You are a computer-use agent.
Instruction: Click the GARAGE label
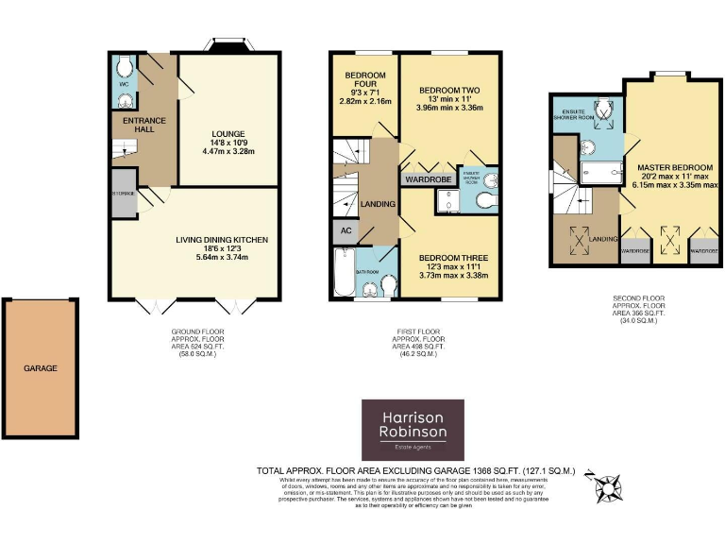[x=41, y=368]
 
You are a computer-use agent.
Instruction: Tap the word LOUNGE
[x=228, y=134]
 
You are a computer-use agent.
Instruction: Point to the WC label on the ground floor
[x=123, y=84]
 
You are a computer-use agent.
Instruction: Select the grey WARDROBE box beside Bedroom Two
[x=427, y=178]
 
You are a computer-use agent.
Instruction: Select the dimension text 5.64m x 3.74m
[x=222, y=252]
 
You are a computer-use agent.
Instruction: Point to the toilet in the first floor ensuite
[x=483, y=199]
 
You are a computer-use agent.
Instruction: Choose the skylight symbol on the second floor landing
[x=576, y=239]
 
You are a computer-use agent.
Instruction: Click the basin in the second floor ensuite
[x=587, y=146]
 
